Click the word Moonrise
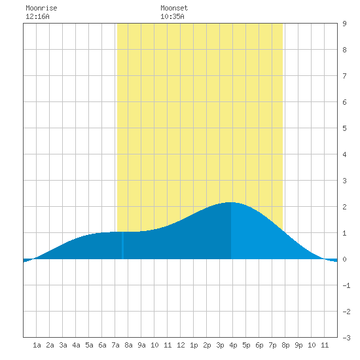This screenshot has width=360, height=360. click(x=41, y=8)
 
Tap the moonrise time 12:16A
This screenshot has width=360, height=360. click(x=37, y=16)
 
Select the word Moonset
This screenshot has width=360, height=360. click(x=174, y=8)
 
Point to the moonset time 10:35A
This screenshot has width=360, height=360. click(x=172, y=16)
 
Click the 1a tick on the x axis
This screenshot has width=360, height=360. click(x=37, y=345)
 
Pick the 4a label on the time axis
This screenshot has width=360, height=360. click(x=76, y=345)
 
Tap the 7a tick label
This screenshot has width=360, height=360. click(x=115, y=345)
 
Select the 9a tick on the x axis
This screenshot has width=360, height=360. click(x=141, y=345)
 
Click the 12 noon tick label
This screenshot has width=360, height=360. click(x=181, y=345)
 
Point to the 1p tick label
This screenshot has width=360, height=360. click(x=194, y=345)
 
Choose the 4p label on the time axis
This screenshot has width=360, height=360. click(x=233, y=345)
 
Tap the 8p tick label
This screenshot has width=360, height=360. click(x=285, y=345)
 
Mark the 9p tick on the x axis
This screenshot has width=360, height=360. click(x=298, y=345)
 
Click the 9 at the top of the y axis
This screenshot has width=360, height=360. click(x=344, y=24)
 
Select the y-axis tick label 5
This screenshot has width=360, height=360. click(x=344, y=128)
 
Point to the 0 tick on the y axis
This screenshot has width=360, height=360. click(x=344, y=259)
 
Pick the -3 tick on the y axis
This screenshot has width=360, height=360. click(x=346, y=338)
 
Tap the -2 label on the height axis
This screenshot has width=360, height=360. click(x=346, y=312)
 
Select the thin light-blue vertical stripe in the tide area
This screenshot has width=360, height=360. click(x=122, y=245)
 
